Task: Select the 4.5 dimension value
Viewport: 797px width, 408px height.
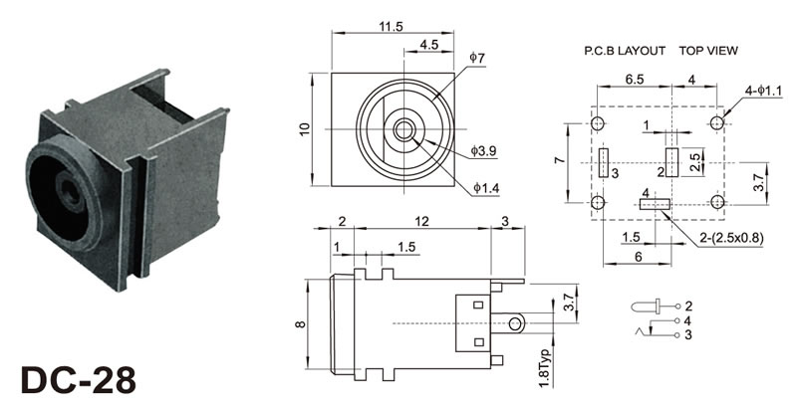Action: (430, 45)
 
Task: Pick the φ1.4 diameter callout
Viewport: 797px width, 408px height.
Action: (484, 187)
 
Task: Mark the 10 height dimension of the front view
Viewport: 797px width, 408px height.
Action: (306, 129)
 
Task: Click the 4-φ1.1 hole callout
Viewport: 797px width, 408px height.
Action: (763, 91)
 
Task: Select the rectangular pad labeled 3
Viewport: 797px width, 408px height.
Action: (604, 163)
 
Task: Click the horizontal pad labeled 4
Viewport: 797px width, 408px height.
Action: (654, 204)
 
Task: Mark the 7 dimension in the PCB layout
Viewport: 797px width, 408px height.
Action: (560, 159)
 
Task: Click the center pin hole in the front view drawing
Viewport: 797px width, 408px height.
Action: (403, 129)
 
